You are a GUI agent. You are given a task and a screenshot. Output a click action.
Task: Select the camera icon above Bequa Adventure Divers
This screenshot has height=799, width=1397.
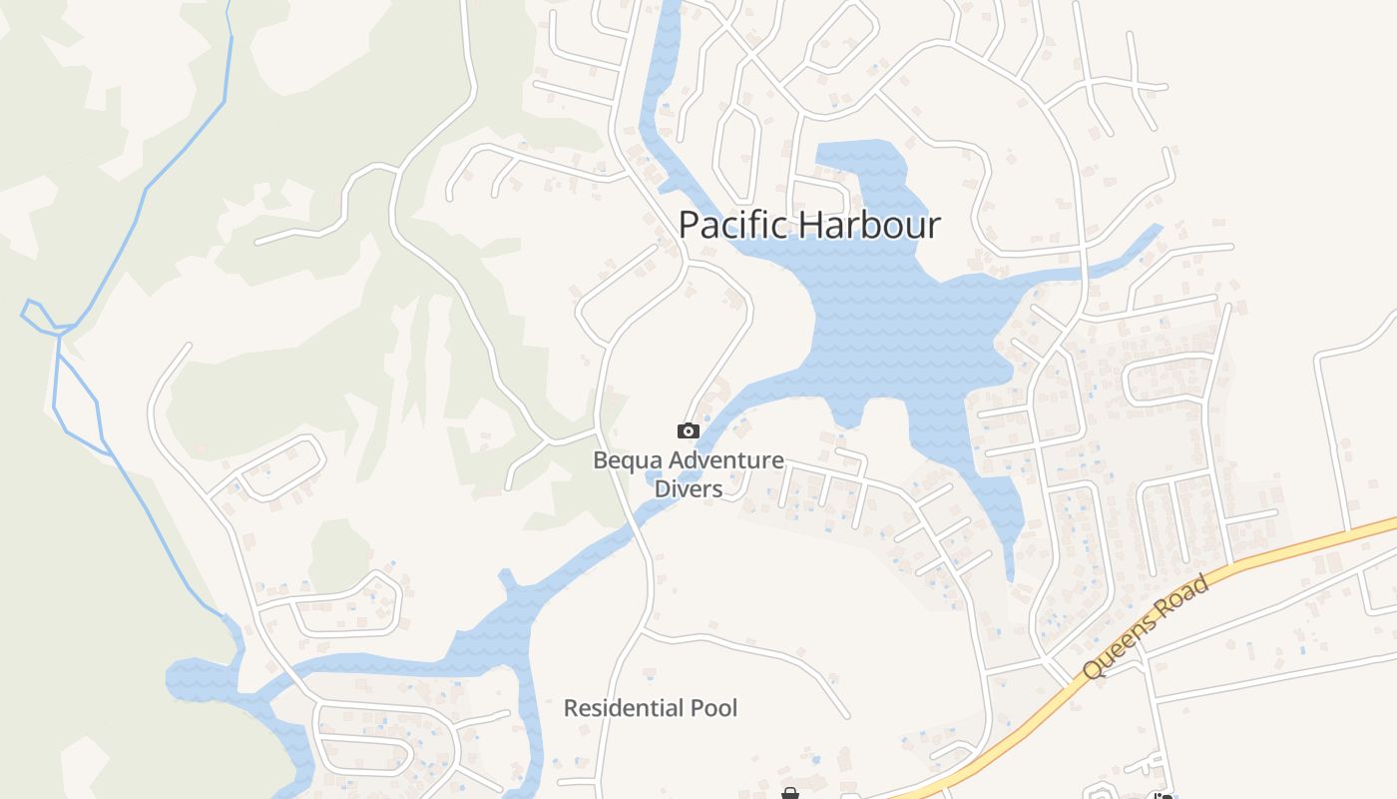coord(689,430)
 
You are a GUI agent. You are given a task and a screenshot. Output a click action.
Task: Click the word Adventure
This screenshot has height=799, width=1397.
coord(726,461)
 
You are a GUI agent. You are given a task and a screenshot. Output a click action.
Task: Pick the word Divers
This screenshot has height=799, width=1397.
coord(689,488)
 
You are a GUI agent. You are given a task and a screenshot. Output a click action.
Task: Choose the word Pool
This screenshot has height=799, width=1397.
coord(714,708)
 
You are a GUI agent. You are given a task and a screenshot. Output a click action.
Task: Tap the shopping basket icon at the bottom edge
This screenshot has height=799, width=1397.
coord(790,793)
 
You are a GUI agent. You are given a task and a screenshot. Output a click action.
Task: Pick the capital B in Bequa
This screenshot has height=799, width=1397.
coord(600,461)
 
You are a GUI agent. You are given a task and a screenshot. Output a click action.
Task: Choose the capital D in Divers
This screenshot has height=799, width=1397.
coord(662,488)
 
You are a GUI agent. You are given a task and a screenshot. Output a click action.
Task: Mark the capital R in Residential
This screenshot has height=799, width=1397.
coord(571,708)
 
